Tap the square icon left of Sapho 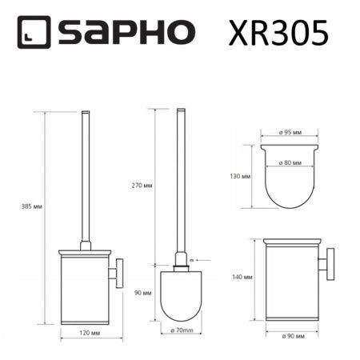pyautogui.click(x=33, y=33)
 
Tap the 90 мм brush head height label pyautogui.click(x=143, y=293)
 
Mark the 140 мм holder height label pyautogui.click(x=242, y=278)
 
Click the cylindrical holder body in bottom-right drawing pyautogui.click(x=291, y=284)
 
